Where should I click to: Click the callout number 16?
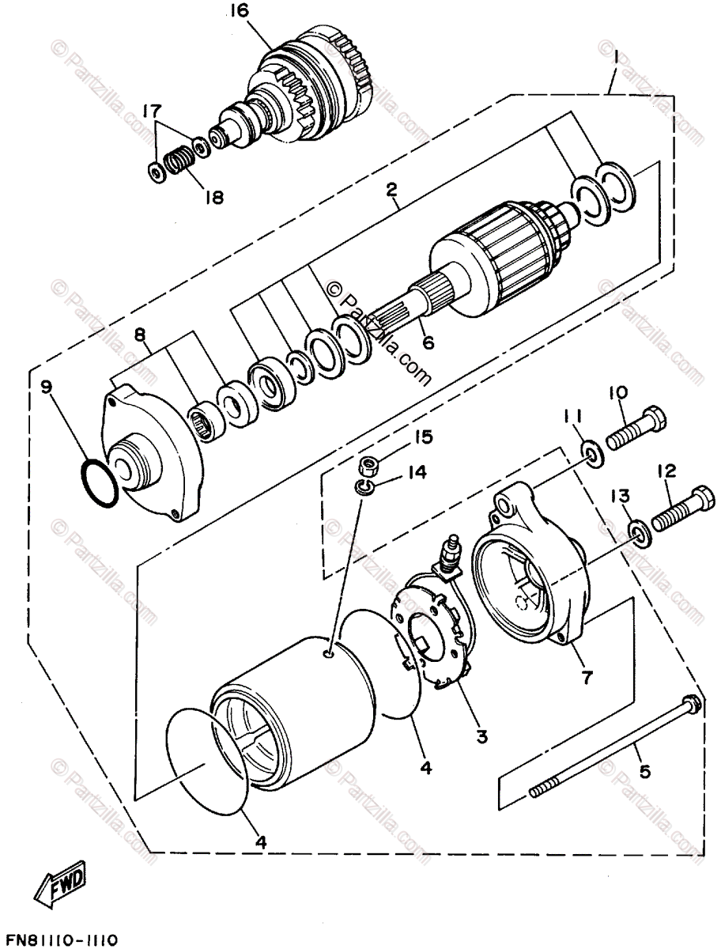click(x=240, y=11)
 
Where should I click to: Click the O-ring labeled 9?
click(x=100, y=483)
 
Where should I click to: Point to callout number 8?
click(x=140, y=335)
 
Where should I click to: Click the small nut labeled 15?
click(x=366, y=466)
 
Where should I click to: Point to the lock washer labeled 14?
click(x=364, y=486)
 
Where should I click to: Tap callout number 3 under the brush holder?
click(x=481, y=735)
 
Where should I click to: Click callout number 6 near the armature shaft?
click(x=427, y=342)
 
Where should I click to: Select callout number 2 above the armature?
click(x=391, y=189)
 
